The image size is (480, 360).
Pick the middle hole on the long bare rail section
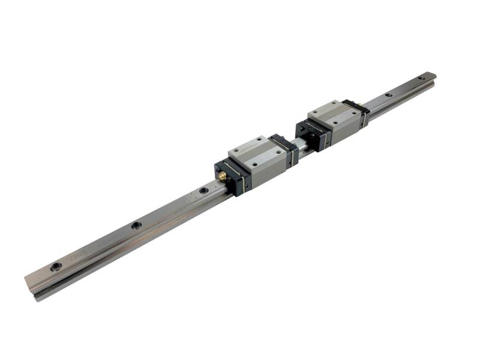(137, 226)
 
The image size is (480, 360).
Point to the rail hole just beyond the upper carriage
(389, 95)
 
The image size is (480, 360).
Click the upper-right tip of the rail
(433, 76)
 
